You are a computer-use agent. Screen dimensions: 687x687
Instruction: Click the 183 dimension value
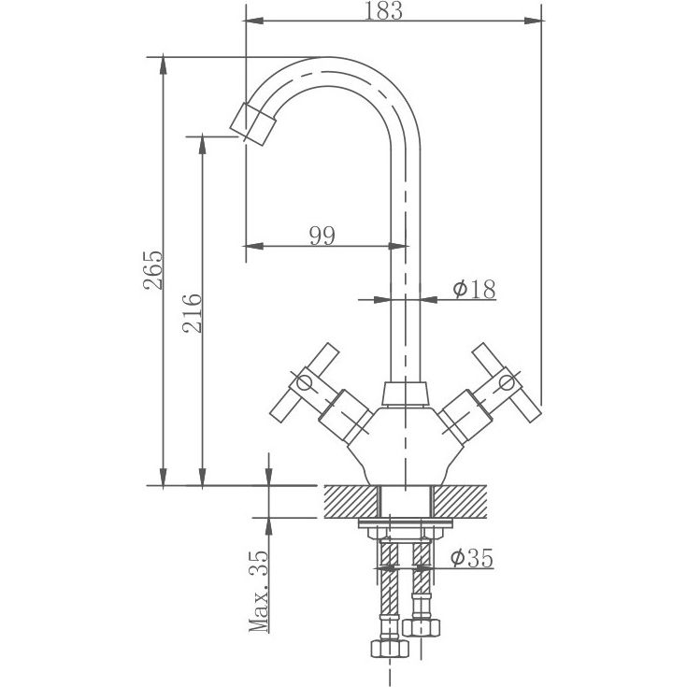383,10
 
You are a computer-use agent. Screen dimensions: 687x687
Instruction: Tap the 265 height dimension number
153,270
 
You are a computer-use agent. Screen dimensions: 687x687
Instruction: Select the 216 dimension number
193,313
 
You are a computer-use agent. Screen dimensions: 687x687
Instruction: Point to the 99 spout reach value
322,236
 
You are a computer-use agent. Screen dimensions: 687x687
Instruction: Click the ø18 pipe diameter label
475,289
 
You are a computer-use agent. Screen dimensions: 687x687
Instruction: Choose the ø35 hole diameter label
472,558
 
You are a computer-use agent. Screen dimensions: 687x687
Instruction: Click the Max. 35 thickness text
259,591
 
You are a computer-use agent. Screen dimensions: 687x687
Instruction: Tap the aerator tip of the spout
252,124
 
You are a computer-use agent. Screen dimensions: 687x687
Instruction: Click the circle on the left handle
304,383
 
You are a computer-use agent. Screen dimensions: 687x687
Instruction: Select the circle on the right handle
507,383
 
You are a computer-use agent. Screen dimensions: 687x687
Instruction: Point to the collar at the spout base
405,394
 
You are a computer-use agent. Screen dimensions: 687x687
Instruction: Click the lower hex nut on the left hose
390,648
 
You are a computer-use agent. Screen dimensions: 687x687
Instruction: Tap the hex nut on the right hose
422,627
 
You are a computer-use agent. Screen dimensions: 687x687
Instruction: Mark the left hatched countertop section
351,501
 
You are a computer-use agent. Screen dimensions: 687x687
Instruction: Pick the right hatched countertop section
460,501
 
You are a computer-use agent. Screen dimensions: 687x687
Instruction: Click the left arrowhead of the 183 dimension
254,21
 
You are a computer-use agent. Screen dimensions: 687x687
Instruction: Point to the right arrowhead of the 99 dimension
398,246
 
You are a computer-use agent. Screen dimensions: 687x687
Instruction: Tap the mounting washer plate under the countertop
406,522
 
